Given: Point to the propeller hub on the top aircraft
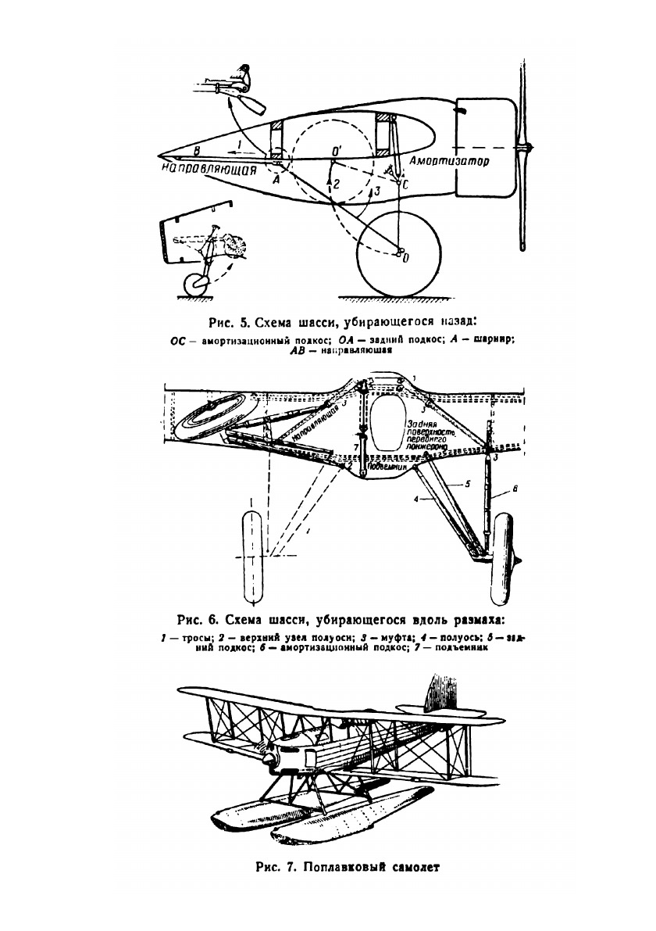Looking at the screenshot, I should (x=528, y=147).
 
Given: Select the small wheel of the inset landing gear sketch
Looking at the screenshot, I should (x=193, y=285).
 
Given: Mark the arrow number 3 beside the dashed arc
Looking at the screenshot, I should (x=377, y=190).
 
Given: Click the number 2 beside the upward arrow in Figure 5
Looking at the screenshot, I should (x=337, y=184).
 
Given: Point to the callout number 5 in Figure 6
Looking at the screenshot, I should (x=467, y=484).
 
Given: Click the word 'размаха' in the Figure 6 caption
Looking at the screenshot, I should (x=473, y=621).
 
